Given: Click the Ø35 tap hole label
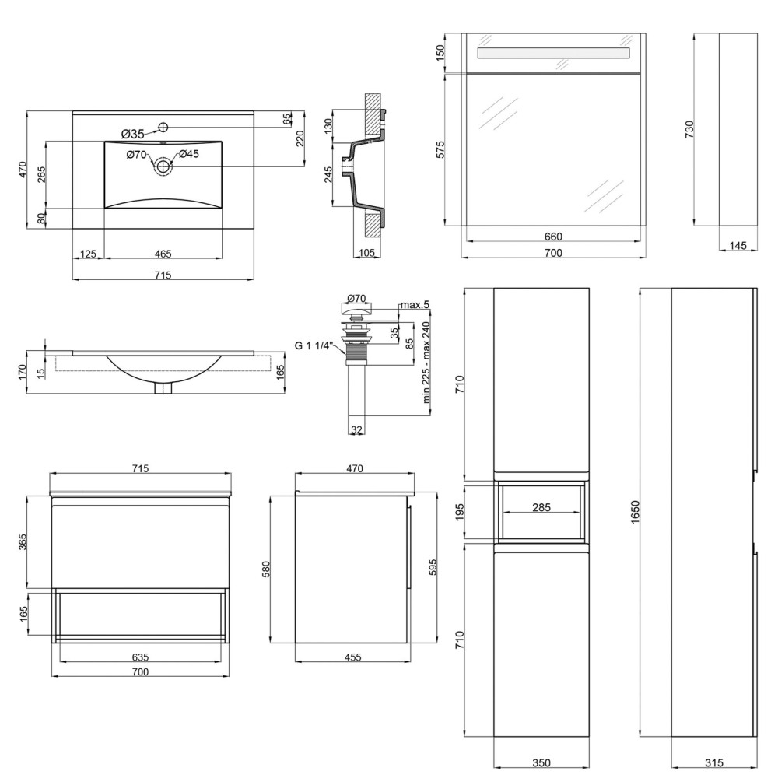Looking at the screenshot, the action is (132, 134).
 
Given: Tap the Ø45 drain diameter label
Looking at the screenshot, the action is (189, 154).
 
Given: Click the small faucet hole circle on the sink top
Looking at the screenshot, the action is (163, 127).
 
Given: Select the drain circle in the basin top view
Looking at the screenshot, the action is (163, 166).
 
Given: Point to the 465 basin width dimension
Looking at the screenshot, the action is (163, 254).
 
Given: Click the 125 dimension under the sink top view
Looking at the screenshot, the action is (88, 254).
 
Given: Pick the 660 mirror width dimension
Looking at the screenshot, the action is (553, 237).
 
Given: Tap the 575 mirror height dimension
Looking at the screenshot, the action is (440, 150).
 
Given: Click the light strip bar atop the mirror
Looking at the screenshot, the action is (553, 53).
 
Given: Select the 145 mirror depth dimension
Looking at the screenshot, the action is (738, 245).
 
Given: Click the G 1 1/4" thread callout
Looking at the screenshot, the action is (313, 345).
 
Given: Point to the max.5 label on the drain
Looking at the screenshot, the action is (415, 305).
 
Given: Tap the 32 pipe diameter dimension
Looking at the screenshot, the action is (356, 429).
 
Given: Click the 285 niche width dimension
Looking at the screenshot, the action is (541, 507).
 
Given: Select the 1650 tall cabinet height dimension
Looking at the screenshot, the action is (636, 512).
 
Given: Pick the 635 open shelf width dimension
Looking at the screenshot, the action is (140, 657).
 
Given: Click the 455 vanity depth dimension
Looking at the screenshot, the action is (352, 657).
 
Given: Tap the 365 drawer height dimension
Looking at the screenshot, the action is (23, 542).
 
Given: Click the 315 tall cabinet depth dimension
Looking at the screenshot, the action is (714, 762).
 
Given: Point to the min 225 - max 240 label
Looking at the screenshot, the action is (426, 363).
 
